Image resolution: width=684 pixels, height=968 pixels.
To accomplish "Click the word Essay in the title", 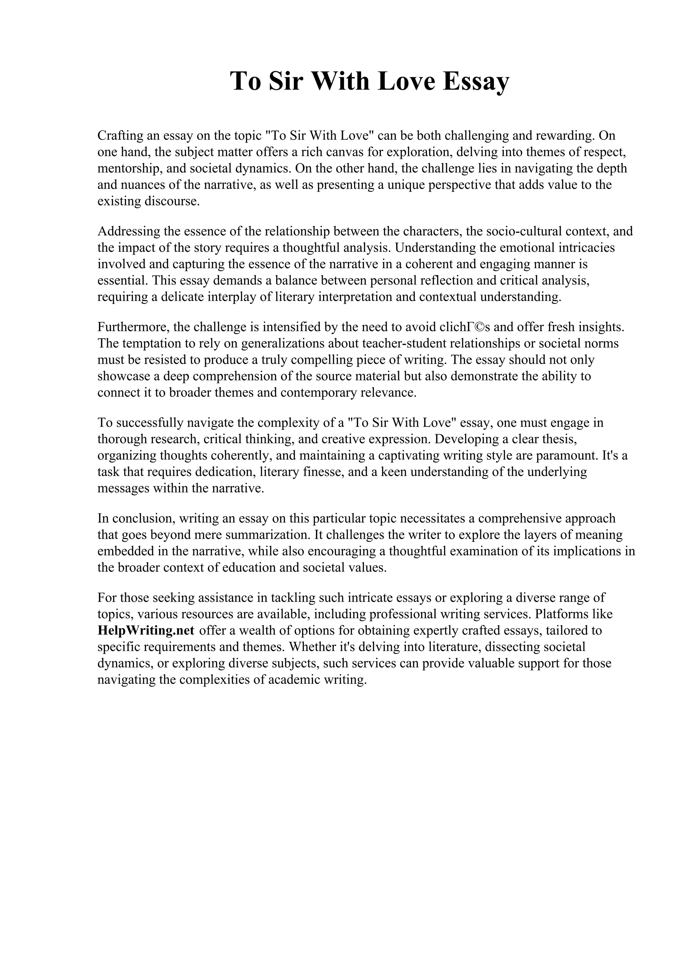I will (x=476, y=82).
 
